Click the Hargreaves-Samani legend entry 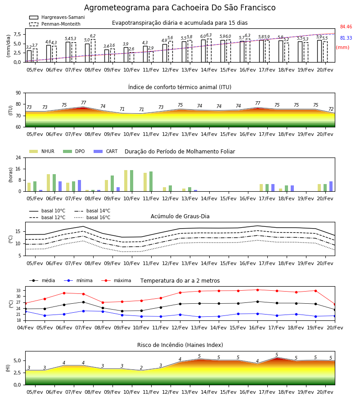coord(57,17)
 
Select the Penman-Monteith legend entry coord(55,24)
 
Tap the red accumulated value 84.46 coord(346,27)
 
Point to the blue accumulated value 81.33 coord(346,38)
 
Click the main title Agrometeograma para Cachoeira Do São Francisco coord(180,8)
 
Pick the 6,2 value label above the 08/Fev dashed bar coord(93,36)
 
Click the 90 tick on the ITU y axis coord(18,93)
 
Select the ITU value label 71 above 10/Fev coord(122,109)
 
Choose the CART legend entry coord(106,151)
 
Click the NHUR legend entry coord(42,151)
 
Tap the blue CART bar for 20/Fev coord(331,186)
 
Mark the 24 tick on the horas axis coord(18,157)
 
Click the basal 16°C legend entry coord(92,217)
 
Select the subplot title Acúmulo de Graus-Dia coord(180,216)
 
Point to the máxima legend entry coord(116,280)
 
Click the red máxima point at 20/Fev coord(335,305)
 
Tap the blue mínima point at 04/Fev coord(25,311)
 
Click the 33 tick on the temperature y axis coord(18,291)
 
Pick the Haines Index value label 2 coord(141,368)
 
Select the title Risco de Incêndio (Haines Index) coord(180,345)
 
